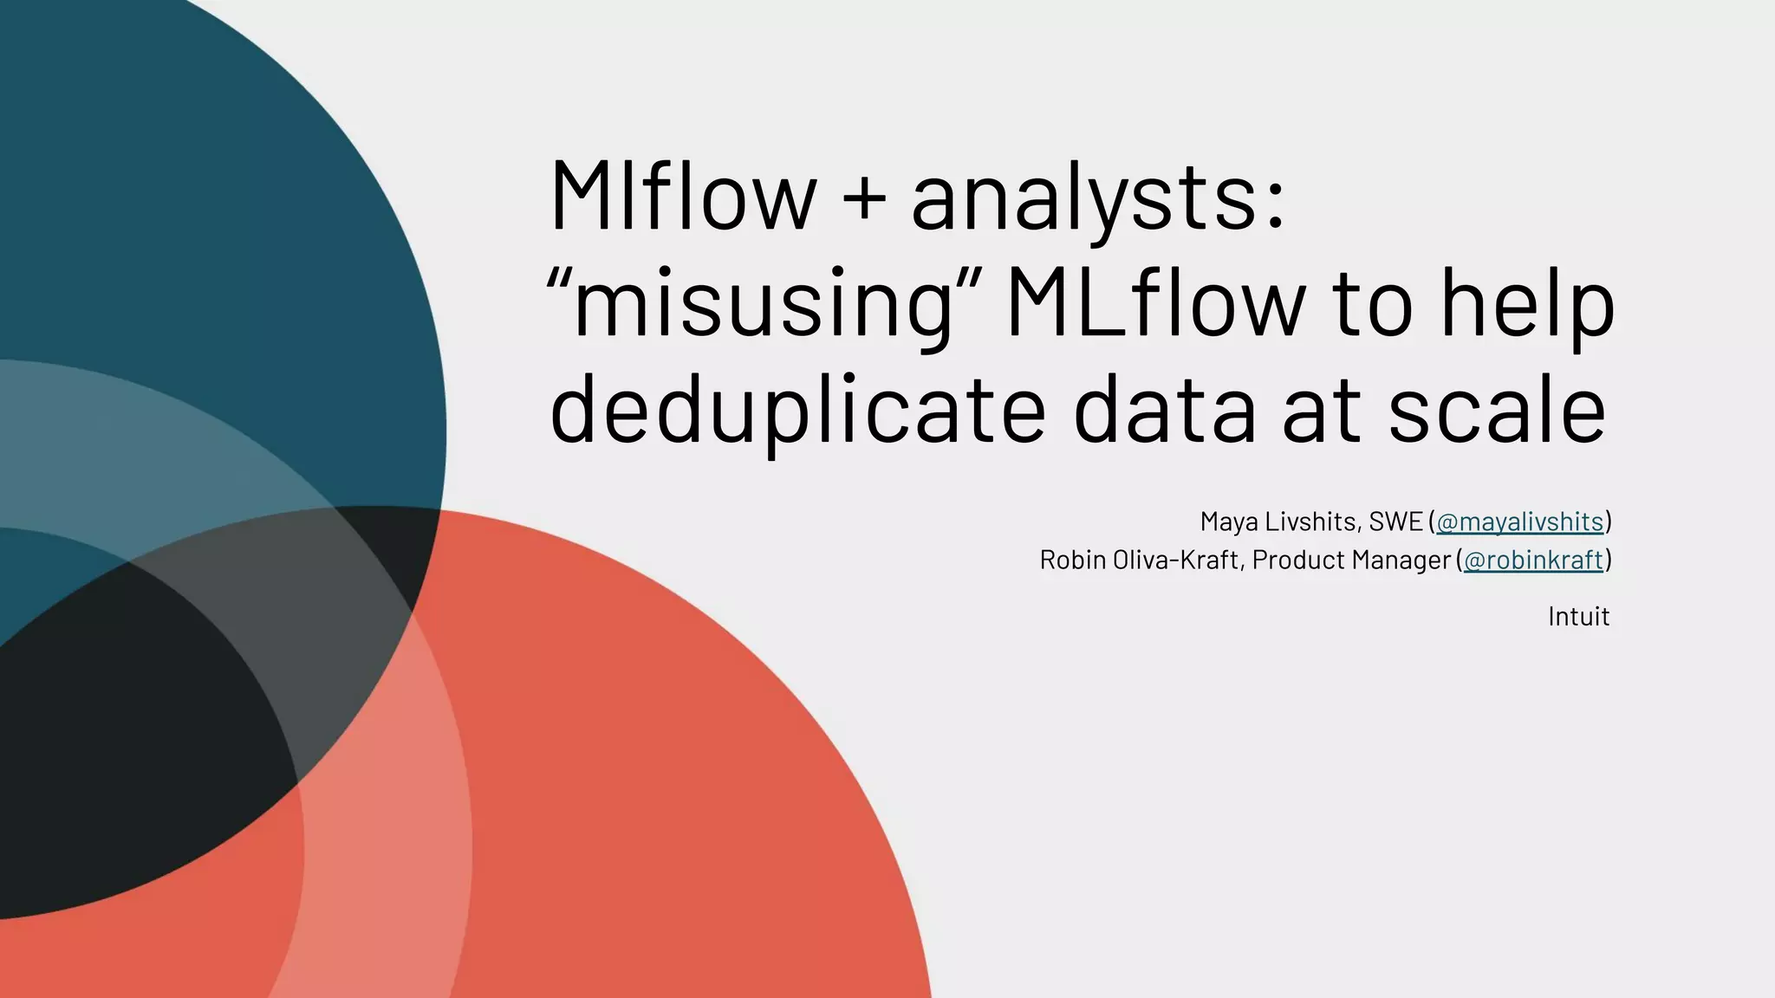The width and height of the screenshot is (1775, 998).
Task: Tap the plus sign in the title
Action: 864,198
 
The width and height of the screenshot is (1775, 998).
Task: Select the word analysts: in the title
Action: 1097,199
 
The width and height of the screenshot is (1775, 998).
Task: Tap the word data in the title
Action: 1164,409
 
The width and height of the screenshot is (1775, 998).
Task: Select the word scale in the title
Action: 1497,409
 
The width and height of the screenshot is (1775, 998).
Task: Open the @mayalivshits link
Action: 1519,522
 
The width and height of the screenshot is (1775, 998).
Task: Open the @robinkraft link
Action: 1532,561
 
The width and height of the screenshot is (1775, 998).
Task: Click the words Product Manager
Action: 1351,561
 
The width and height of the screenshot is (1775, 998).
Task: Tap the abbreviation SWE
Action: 1395,522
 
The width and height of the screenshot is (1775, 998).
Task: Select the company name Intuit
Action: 1578,617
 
